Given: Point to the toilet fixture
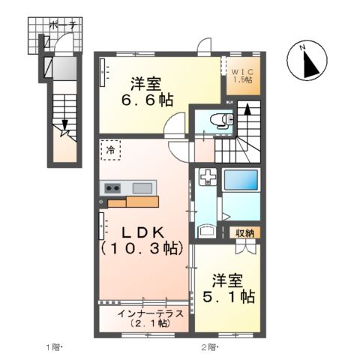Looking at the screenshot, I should coord(220,121).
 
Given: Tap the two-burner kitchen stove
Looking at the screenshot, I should coord(113,187).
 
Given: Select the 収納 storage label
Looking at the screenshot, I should coord(244,232).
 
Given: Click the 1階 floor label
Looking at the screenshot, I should coord(53,346).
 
